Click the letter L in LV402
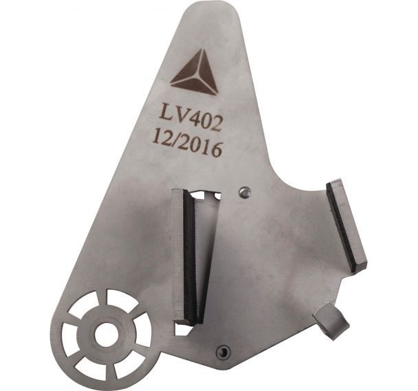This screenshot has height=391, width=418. pyautogui.click(x=166, y=114)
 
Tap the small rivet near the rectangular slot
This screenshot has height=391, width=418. pyautogui.click(x=244, y=192)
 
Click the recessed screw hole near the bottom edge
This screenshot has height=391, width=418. pyautogui.click(x=223, y=352)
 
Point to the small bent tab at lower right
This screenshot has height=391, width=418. pyautogui.click(x=331, y=321)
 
